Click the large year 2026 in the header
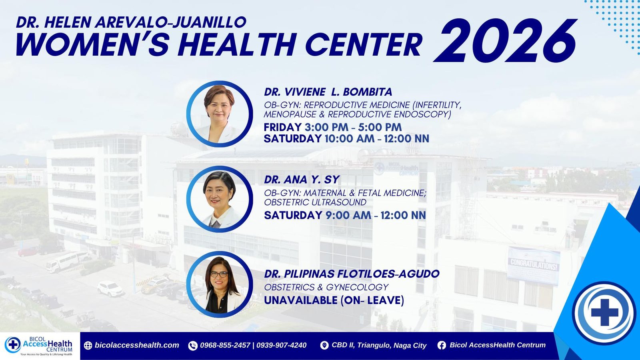tap(505, 40)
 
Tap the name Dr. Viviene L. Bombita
tap(328, 92)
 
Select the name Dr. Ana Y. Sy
tap(302, 180)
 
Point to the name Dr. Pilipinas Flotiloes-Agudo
tap(352, 274)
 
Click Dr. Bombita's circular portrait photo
tap(220, 114)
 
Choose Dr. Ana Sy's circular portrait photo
tap(220, 199)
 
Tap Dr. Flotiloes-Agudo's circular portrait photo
tap(220, 284)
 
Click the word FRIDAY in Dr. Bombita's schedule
tap(282, 127)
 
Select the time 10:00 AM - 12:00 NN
tap(377, 138)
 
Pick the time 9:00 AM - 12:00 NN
tap(376, 215)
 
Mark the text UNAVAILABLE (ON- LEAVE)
tap(334, 300)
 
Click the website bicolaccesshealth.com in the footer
tap(137, 345)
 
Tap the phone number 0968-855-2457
tap(225, 345)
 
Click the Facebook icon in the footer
tap(442, 346)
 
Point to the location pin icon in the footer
tap(324, 346)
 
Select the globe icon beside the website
tap(88, 346)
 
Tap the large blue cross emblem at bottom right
tap(604, 312)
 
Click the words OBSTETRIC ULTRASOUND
tap(315, 202)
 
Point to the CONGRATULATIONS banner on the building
tap(534, 266)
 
